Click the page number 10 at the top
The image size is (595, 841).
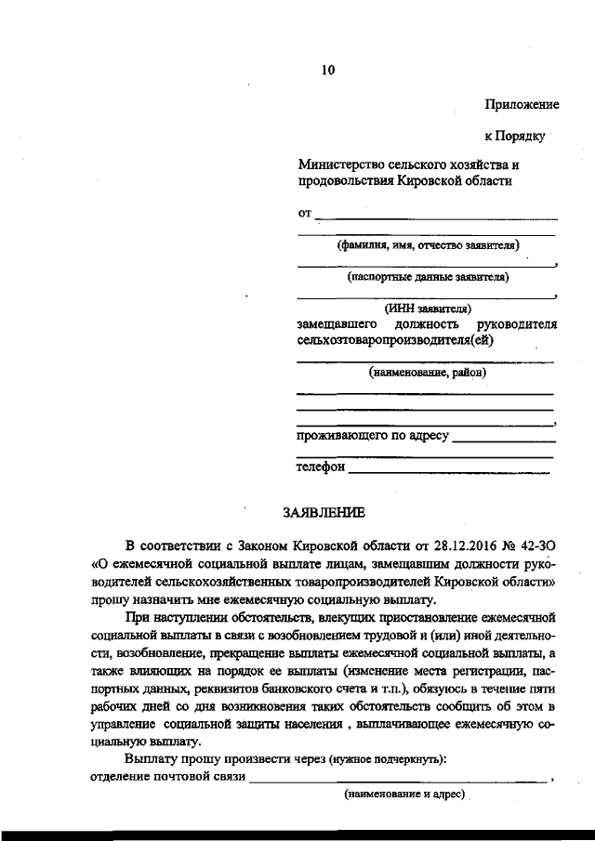[327, 70]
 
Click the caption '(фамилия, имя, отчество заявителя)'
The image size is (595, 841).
[428, 246]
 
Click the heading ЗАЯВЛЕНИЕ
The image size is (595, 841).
[324, 512]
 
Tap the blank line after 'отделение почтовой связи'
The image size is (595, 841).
[400, 781]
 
